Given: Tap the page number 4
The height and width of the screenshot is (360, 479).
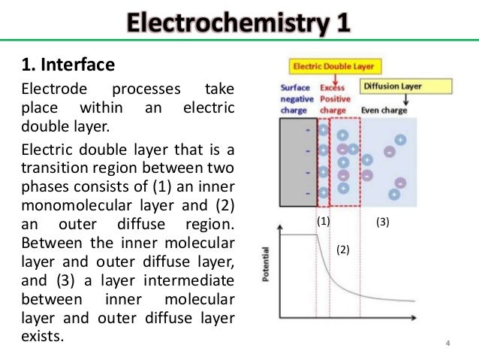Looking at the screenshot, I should pos(448,344).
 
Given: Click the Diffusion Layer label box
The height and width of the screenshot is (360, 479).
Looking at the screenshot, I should pos(392,86).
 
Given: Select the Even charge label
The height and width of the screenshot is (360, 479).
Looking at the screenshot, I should pos(384,110).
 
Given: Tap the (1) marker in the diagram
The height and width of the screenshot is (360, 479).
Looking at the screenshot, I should pos(323,222).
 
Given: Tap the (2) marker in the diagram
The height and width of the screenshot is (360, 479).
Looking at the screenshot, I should pos(342,248).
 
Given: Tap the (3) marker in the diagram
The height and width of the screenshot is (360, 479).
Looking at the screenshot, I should pos(382,222).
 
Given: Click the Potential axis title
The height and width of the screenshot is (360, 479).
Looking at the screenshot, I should pos(266,265).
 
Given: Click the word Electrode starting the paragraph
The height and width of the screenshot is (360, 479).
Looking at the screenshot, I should pos(47,90).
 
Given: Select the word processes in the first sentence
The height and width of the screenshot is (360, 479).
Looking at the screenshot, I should pos(142,90).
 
